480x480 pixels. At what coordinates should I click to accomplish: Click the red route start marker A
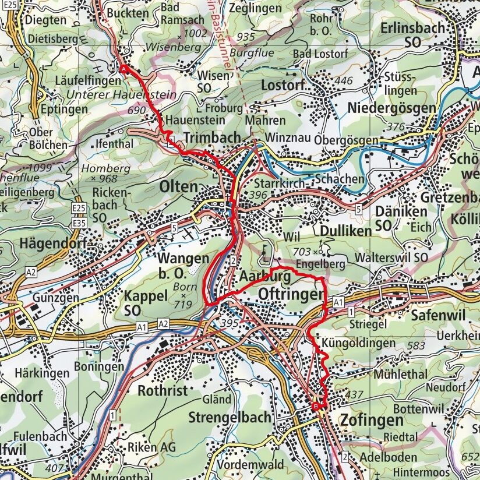pos(124,69)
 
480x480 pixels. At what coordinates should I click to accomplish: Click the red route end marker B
pos(316,405)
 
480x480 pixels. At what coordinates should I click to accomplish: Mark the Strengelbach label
pos(230,417)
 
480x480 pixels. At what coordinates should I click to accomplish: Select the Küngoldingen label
pos(358,343)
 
